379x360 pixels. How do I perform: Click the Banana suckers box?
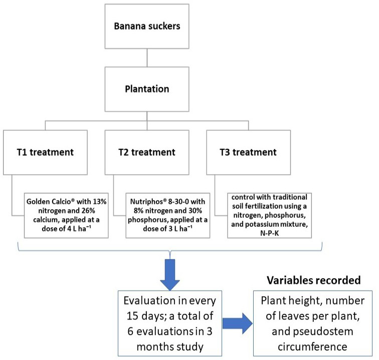(147, 27)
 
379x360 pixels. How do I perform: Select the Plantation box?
(147, 89)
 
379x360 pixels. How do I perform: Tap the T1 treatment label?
(45, 152)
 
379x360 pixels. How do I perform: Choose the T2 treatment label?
(147, 152)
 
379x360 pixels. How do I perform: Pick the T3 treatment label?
(248, 152)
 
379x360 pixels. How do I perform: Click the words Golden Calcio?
(49, 202)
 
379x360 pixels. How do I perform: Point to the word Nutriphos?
(148, 202)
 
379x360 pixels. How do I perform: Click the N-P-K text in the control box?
(270, 233)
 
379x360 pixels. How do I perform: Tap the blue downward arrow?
(170, 275)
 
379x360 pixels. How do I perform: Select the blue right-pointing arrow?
(237, 323)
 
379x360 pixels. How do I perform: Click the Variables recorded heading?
(314, 280)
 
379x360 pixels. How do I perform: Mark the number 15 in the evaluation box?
(132, 316)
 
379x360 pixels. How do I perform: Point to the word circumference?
(312, 346)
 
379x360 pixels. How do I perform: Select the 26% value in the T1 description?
(88, 211)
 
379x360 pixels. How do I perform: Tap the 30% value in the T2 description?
(196, 211)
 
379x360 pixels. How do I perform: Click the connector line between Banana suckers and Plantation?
(147, 58)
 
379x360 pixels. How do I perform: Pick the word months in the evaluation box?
(154, 347)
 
